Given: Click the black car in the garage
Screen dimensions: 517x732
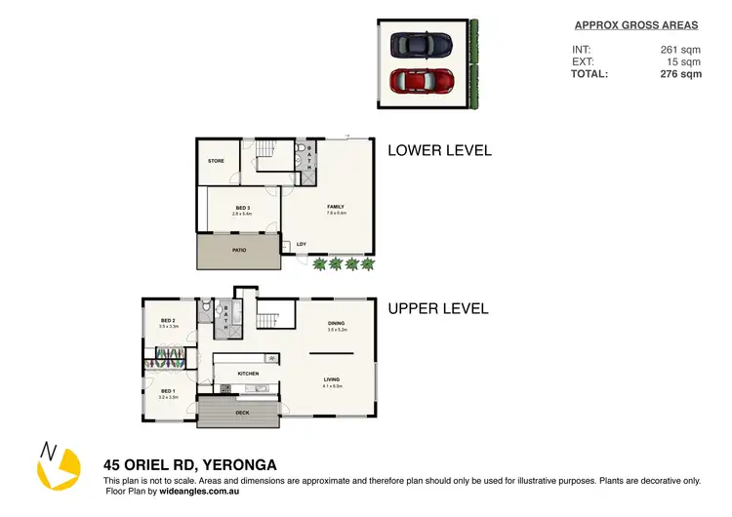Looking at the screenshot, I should (421, 45).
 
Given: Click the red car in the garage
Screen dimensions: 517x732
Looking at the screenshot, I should (421, 80).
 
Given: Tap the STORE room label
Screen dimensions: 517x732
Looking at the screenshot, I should (216, 161).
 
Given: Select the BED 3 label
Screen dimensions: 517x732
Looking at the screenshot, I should (243, 208).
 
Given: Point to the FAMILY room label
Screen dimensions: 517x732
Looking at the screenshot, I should (335, 207).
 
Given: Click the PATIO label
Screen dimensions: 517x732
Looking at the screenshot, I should (238, 250).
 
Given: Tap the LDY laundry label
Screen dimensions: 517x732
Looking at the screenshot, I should (302, 244).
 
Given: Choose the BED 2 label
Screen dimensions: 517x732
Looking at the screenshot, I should (168, 321).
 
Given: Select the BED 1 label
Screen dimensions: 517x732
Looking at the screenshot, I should (168, 391).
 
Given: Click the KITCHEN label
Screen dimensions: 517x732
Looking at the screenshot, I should (249, 373).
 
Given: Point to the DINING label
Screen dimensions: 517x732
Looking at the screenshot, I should (336, 324).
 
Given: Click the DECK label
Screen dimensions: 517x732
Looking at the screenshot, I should (242, 413).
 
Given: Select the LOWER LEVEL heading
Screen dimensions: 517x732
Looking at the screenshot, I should (439, 151).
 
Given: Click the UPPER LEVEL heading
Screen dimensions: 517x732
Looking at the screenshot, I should (438, 309).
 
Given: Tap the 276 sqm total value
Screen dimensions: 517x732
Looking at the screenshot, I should (677, 74).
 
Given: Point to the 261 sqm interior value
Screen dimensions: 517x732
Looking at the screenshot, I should (680, 50).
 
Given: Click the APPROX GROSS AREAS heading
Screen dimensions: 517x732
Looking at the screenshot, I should (635, 25).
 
